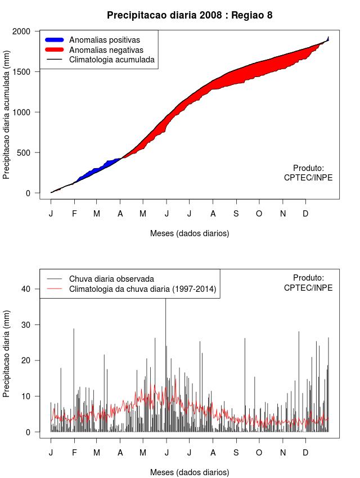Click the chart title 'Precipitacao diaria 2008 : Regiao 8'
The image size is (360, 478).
[x=190, y=15]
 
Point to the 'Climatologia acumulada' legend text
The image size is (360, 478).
[x=111, y=60]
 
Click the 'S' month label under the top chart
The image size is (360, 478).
[x=236, y=214]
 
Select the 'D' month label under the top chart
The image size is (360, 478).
[x=305, y=214]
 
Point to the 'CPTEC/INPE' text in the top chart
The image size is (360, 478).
[x=308, y=178]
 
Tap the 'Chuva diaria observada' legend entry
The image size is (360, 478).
[x=111, y=278]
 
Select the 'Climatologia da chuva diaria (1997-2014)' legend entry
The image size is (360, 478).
[x=142, y=289]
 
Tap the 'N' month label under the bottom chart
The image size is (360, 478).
[x=283, y=453]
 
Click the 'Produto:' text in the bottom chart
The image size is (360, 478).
[x=309, y=278]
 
